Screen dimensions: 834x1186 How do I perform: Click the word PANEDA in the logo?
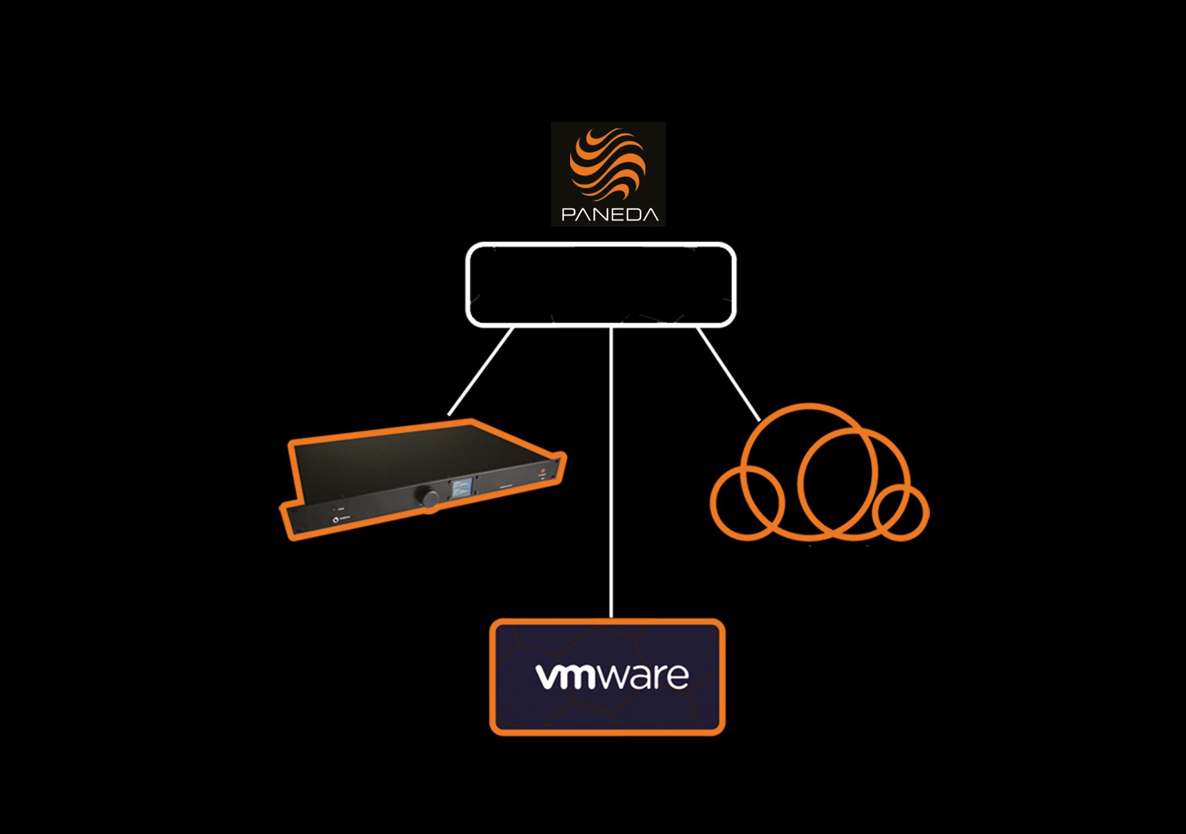pos(610,214)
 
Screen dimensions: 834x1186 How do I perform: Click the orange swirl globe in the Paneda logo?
pos(607,165)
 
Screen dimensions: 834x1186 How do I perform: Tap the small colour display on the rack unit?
pos(461,488)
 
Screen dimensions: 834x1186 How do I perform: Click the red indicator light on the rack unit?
pos(542,471)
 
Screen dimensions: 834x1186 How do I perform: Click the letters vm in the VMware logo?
pos(566,677)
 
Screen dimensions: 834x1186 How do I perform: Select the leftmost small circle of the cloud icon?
pos(747,502)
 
